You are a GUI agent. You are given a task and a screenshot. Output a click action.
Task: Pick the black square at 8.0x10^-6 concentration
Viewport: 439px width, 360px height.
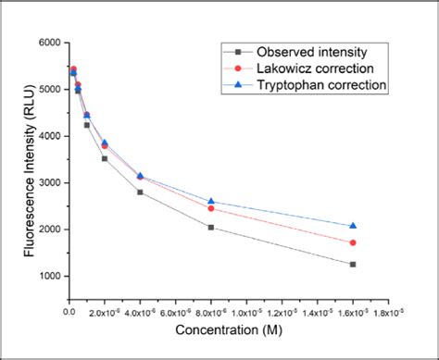[x=211, y=228]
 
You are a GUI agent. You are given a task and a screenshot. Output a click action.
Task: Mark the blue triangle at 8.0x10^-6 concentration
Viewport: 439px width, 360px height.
[x=211, y=201]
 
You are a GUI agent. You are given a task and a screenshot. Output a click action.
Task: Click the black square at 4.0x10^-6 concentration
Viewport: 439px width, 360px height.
[x=140, y=192]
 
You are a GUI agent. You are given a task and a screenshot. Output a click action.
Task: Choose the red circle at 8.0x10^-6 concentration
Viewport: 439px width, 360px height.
[x=211, y=208]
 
